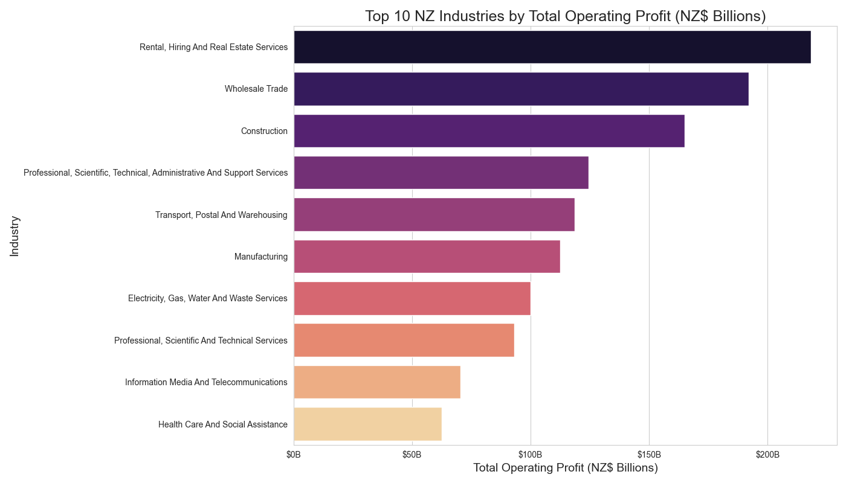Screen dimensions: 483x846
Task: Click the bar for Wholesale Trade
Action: point(521,89)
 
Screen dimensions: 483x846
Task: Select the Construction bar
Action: point(489,131)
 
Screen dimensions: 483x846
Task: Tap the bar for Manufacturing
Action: point(427,257)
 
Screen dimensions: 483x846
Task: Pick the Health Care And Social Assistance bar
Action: point(367,424)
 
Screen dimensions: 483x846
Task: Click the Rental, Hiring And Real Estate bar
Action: point(552,47)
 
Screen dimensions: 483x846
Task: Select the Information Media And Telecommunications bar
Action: point(377,382)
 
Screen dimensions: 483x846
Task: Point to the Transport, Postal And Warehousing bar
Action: point(434,215)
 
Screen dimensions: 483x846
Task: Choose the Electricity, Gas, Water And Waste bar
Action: point(412,298)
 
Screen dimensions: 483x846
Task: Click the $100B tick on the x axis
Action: point(531,453)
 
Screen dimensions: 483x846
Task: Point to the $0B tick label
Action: point(294,453)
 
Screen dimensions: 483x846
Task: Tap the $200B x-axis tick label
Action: point(767,453)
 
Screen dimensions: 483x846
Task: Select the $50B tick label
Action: point(412,453)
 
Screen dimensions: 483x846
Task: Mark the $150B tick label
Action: point(649,453)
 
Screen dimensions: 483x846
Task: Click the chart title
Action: point(565,16)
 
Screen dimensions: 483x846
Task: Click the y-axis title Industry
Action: point(15,236)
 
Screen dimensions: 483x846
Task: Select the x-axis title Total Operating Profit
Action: point(565,468)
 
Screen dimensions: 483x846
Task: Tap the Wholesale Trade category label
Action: point(256,89)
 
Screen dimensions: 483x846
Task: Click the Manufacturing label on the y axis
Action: point(261,257)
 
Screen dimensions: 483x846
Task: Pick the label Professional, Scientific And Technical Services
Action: point(201,341)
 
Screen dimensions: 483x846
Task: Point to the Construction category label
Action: point(264,131)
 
